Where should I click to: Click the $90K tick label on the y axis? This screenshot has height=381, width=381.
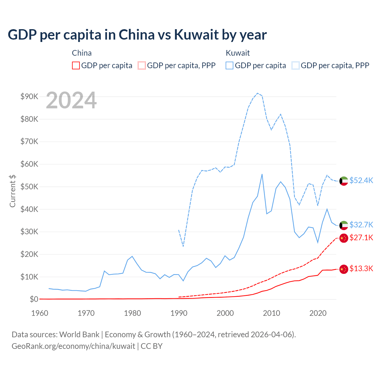[x=29, y=96]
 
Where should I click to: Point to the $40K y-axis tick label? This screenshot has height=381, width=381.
[x=29, y=209]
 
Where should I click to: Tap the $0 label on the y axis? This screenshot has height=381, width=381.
[x=34, y=299]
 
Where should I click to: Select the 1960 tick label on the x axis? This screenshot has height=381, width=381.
[x=40, y=313]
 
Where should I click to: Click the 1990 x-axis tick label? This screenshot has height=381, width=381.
[x=179, y=313]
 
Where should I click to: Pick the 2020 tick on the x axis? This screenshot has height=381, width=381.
[x=318, y=313]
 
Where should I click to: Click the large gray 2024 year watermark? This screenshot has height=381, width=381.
[x=71, y=100]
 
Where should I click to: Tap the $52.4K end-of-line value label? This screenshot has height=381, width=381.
[x=361, y=180]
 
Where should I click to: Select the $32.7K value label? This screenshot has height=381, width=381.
[x=361, y=225]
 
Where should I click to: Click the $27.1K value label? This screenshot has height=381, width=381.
[x=361, y=238]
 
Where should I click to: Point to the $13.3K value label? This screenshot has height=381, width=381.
[x=361, y=269]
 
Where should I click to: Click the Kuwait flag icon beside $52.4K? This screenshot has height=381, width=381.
[x=344, y=181]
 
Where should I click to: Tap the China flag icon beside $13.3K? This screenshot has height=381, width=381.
[x=344, y=269]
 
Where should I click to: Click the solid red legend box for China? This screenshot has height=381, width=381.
[x=76, y=65]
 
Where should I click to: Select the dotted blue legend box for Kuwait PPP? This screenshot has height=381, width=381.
[x=296, y=65]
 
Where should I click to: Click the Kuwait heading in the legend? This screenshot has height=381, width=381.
[x=238, y=53]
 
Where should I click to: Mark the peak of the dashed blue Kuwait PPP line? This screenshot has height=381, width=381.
[x=258, y=93]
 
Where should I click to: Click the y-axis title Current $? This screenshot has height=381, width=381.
[x=13, y=191]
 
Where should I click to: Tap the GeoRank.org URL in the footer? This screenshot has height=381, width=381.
[x=73, y=346]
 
